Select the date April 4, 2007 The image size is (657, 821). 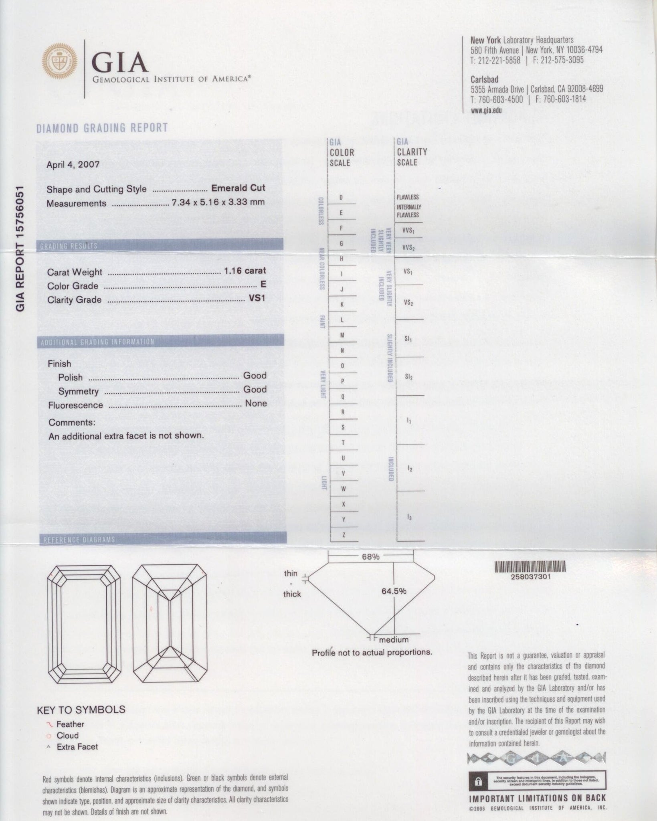(73, 165)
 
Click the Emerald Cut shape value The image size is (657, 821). (238, 188)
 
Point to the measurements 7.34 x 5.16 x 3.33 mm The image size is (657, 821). (218, 202)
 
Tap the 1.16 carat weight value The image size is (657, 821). (245, 271)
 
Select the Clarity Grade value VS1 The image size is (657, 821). (257, 299)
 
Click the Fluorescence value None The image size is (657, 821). (256, 403)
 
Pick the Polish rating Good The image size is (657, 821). (255, 376)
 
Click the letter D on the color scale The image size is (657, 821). (341, 198)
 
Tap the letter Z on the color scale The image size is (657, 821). (344, 535)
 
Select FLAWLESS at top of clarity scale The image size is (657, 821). (408, 197)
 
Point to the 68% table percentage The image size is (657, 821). (370, 557)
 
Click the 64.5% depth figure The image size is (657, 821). (394, 591)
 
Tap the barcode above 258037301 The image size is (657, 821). (530, 566)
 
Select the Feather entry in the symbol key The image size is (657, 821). (70, 724)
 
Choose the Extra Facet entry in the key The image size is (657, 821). (77, 747)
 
